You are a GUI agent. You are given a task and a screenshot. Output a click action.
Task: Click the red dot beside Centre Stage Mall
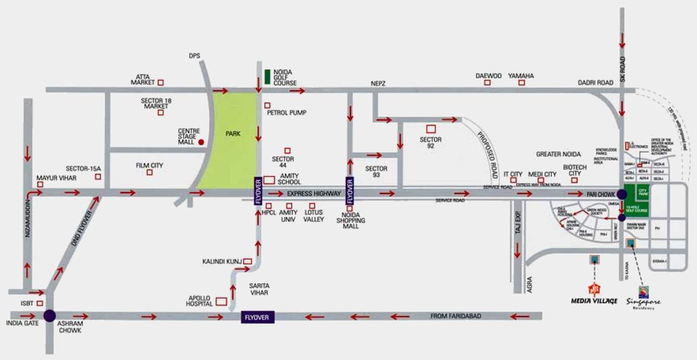pyautogui.click(x=201, y=141)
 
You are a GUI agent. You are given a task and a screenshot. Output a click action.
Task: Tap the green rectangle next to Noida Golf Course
pyautogui.click(x=267, y=77)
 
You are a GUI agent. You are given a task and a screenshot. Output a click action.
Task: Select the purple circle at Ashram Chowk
pyautogui.click(x=50, y=315)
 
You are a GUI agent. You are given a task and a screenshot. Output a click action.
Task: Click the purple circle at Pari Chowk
pyautogui.click(x=622, y=194)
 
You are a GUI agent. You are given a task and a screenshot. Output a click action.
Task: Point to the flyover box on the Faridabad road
pyautogui.click(x=258, y=317)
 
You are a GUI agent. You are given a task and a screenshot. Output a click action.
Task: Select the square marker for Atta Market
pyautogui.click(x=161, y=82)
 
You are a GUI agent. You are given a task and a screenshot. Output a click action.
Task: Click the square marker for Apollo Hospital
pyautogui.click(x=221, y=301)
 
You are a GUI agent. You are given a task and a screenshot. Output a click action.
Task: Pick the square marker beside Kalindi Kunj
pyautogui.click(x=247, y=261)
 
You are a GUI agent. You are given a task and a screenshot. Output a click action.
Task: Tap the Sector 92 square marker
pyautogui.click(x=431, y=128)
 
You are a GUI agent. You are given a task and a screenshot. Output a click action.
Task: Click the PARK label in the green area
pyautogui.click(x=233, y=134)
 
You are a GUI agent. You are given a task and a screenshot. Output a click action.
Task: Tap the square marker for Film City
pyautogui.click(x=150, y=173)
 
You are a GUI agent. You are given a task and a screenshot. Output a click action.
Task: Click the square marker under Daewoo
pyautogui.click(x=487, y=82)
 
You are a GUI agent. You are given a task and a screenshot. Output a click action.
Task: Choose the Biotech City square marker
pyautogui.click(x=574, y=180)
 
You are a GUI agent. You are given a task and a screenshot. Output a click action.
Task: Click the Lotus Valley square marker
pyautogui.click(x=313, y=206)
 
